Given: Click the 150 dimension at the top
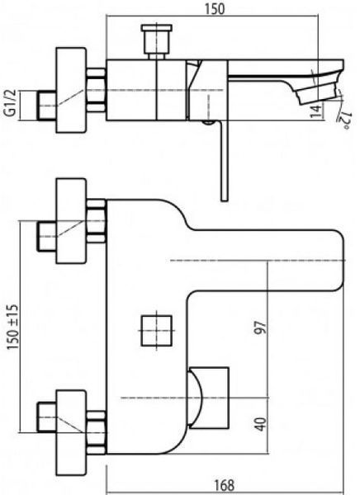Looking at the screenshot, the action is pos(215,8).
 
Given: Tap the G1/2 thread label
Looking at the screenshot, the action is pos(11,102).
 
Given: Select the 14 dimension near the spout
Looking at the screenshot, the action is pos(315,111).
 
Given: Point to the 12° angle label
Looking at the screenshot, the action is pos(343,120).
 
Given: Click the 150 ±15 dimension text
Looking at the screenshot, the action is pos(12,327).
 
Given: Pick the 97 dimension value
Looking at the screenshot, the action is pos(261,328).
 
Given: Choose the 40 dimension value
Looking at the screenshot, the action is pos(261,424).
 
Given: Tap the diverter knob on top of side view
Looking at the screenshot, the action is pos(157,42).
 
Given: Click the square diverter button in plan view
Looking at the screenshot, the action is pos(156,331).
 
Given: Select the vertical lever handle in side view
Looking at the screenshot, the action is pos(224,161).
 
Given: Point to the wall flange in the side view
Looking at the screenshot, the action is pos(71,90).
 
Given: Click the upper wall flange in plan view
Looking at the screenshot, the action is pos(71,221).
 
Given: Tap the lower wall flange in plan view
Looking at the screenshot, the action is pos(71,433).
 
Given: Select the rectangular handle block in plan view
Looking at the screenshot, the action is pos(209,398).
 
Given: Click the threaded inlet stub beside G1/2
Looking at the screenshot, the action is pos(47,106).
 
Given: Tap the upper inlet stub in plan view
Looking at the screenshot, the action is pos(47,237).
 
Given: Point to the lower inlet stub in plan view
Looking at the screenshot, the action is pos(47,417).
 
